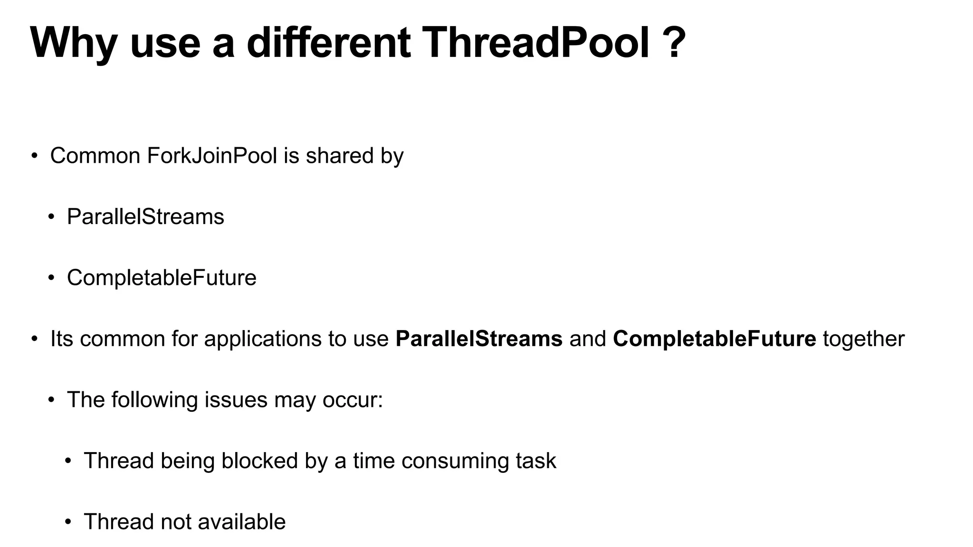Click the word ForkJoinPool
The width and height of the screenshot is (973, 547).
[212, 156]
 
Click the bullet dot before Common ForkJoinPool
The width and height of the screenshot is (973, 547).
[34, 156]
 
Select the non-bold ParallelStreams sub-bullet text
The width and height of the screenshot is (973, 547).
[145, 217]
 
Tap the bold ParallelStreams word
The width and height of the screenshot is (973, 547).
[479, 339]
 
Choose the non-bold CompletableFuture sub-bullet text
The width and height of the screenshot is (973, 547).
[162, 278]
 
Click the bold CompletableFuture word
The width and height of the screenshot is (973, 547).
[715, 339]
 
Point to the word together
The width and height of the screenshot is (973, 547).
[864, 339]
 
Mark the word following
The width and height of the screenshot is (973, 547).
[154, 400]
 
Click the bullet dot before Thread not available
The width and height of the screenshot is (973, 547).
[68, 522]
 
